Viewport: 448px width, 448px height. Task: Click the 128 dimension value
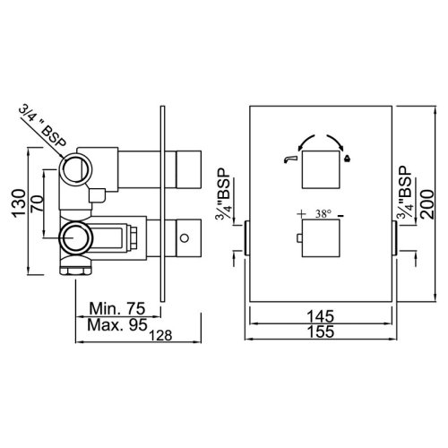point(160,336)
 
